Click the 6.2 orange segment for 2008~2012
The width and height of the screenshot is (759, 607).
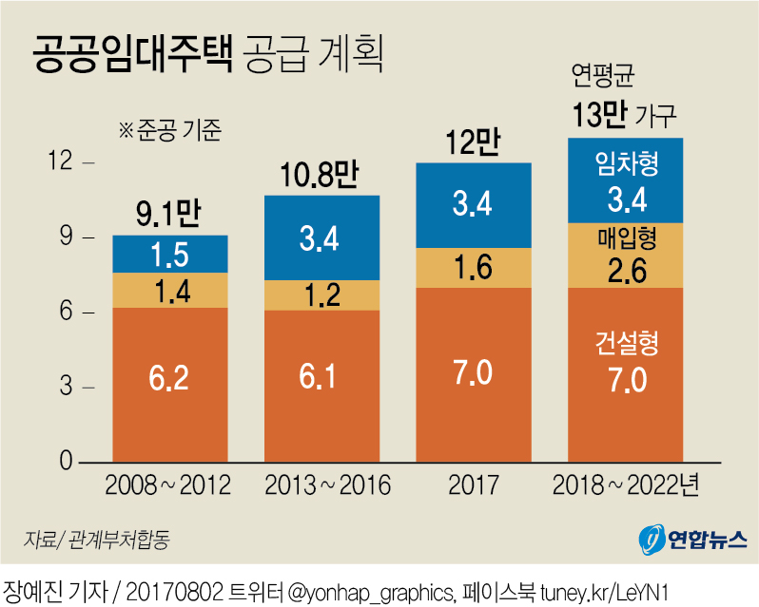click(x=170, y=385)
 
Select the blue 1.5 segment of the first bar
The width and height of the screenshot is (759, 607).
click(x=170, y=254)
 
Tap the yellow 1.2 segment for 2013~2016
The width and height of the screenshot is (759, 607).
click(x=321, y=294)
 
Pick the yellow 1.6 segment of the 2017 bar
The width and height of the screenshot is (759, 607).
click(x=473, y=267)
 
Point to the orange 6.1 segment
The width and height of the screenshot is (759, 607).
click(x=321, y=386)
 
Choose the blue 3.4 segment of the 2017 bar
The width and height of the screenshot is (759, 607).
click(x=473, y=205)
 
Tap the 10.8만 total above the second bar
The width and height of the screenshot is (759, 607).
click(x=319, y=176)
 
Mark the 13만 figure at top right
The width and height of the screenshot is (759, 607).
click(x=599, y=115)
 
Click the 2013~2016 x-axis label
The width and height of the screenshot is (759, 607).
click(x=321, y=485)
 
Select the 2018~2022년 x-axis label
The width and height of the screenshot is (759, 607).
click(x=626, y=485)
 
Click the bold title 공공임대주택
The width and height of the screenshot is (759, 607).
click(x=131, y=55)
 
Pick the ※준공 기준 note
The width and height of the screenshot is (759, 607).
click(x=168, y=129)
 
